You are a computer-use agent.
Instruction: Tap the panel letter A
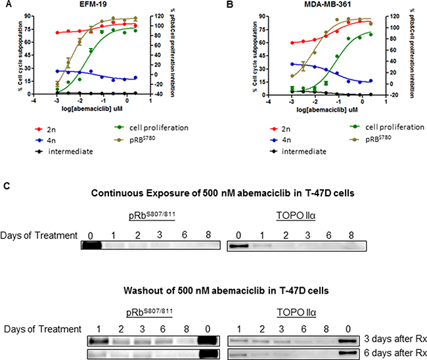(7, 5)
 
